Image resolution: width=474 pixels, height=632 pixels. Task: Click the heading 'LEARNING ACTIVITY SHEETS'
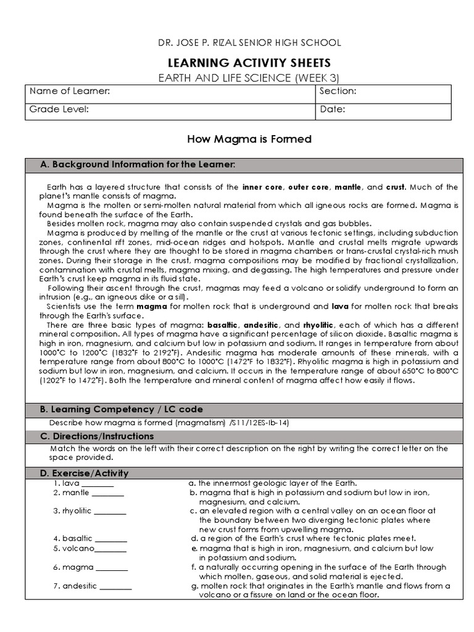[249, 63]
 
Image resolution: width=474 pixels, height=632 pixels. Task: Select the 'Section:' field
[383, 92]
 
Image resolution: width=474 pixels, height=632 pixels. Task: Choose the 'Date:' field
[383, 110]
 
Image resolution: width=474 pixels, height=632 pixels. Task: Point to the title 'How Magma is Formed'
[249, 139]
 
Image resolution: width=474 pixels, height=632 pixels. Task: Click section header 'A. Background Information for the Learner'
[137, 165]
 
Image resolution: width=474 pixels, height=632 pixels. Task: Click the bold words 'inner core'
[262, 187]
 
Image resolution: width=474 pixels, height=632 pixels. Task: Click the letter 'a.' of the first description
[193, 483]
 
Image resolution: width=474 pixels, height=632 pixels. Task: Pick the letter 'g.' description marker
[194, 586]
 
